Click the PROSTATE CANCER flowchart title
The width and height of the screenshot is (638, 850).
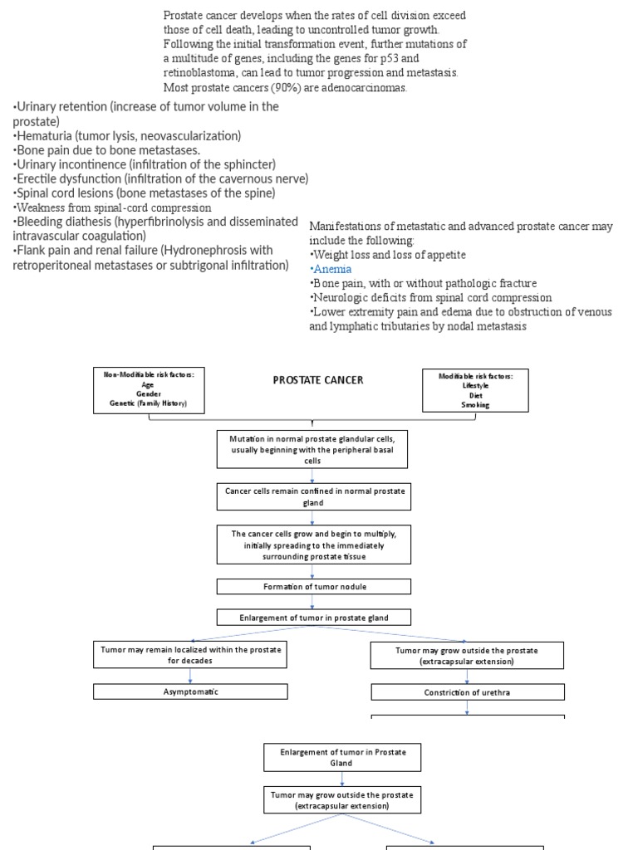[318, 380]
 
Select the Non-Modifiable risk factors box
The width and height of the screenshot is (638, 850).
[149, 390]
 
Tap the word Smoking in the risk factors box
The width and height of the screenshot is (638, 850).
[476, 405]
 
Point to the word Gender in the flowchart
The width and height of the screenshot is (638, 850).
[149, 394]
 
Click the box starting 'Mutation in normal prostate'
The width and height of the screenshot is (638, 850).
[313, 449]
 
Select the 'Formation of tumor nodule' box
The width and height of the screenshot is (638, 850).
[314, 587]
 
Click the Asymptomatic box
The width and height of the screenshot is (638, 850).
[190, 691]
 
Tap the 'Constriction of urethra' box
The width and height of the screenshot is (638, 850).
[468, 691]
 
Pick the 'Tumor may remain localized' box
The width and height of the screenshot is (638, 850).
[190, 655]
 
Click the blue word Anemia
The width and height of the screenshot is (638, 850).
[332, 269]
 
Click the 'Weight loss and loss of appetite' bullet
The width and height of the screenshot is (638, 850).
[389, 255]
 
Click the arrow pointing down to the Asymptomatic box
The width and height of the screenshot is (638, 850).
[190, 676]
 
